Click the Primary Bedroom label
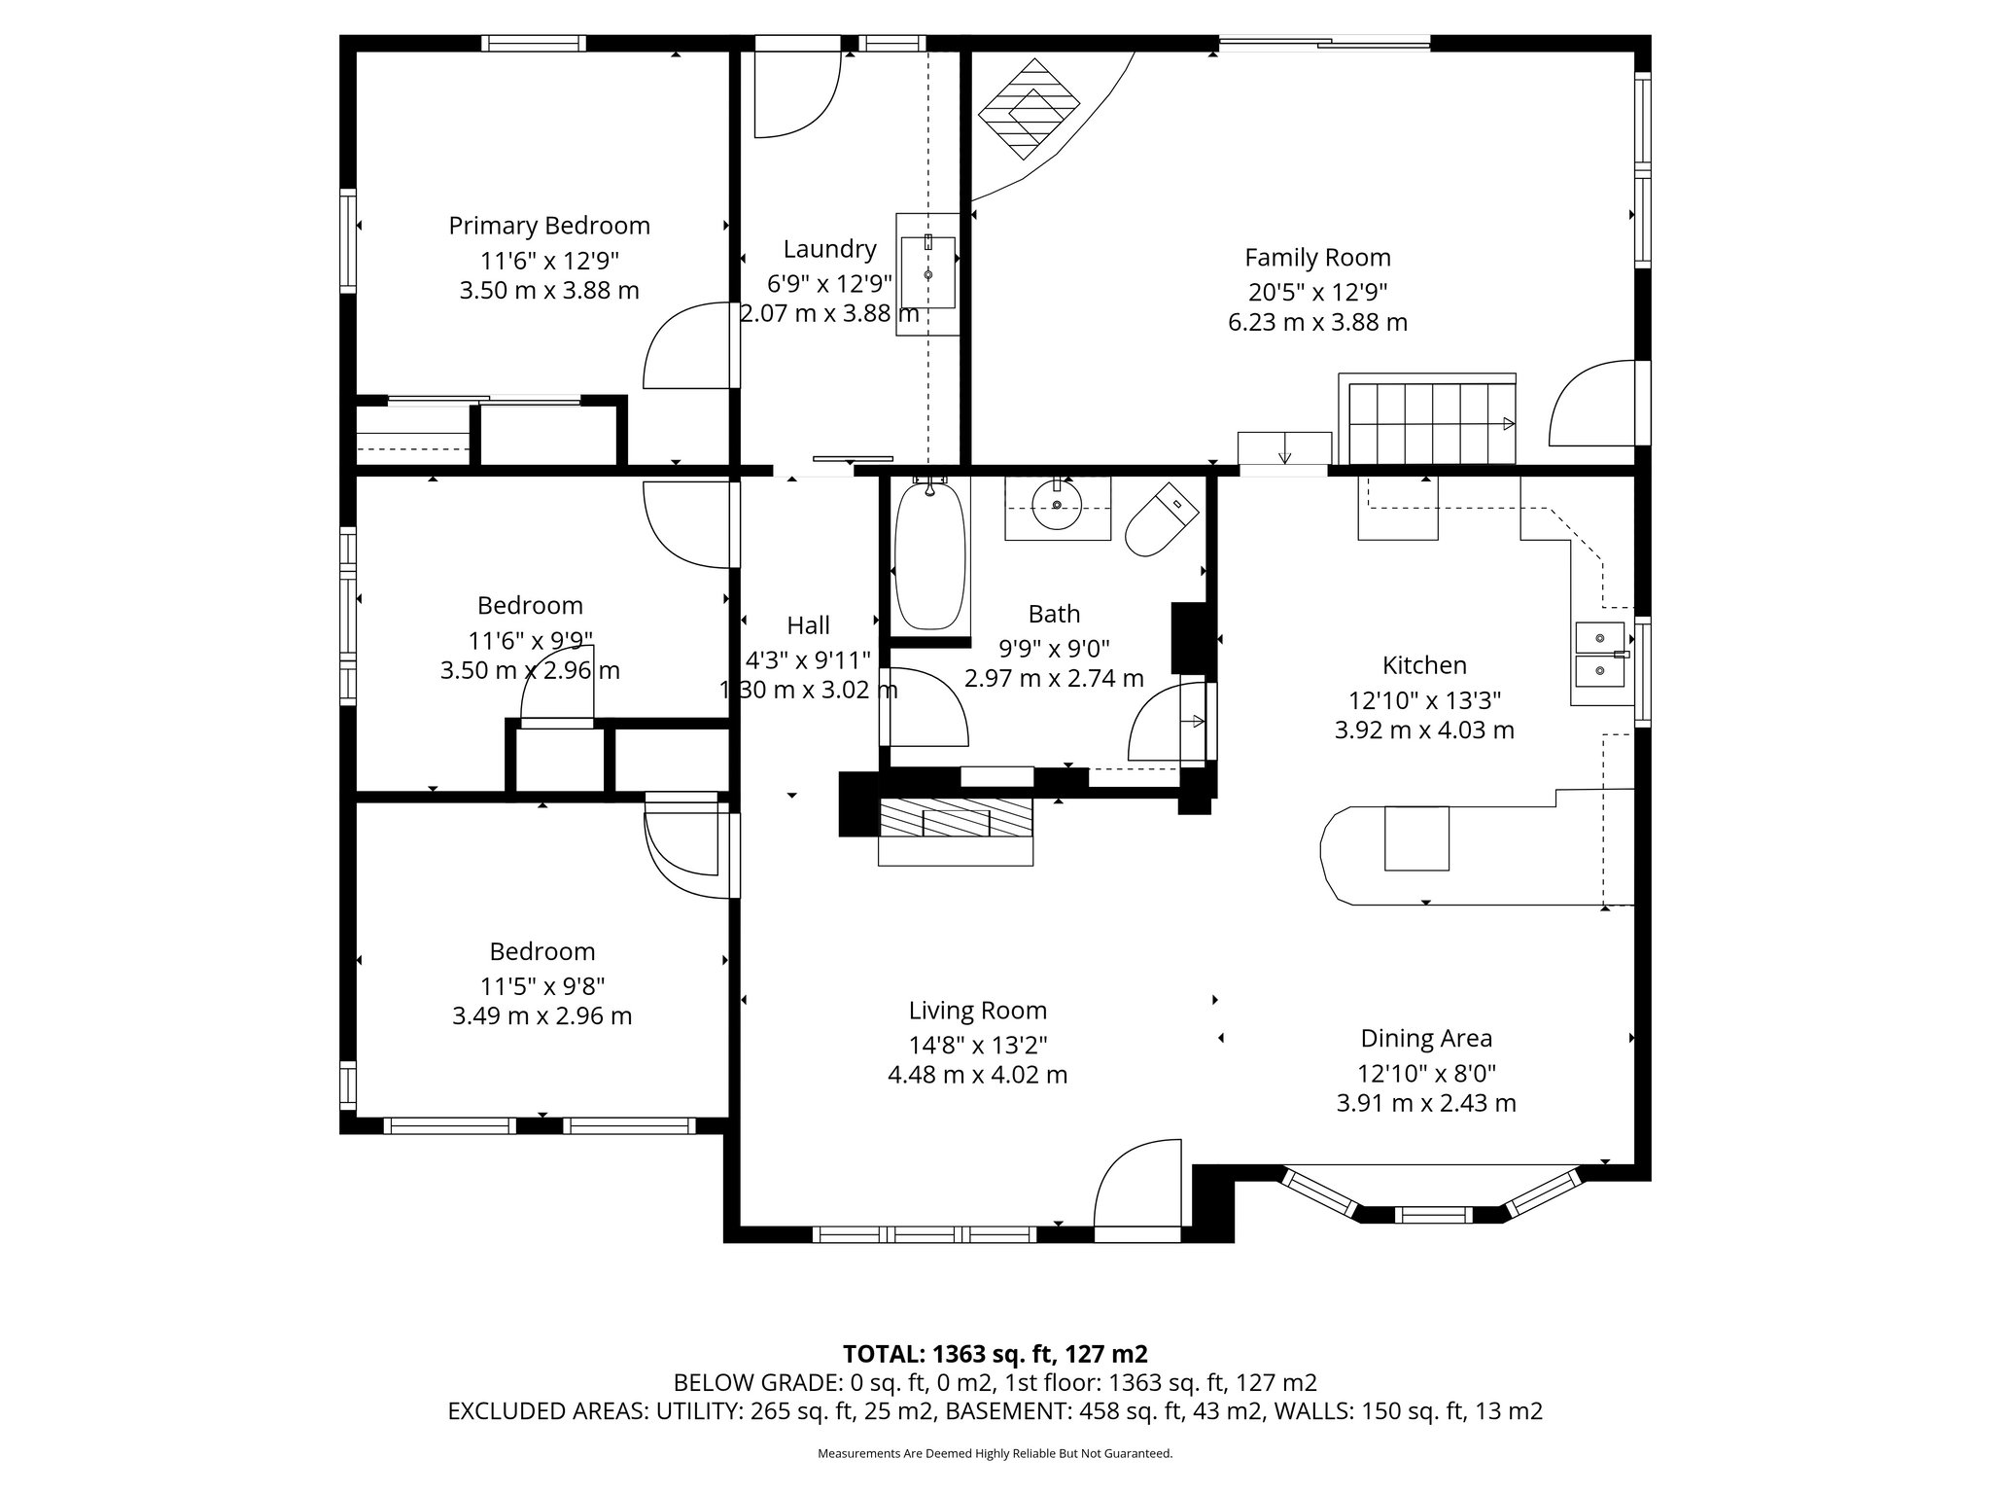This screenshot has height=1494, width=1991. tap(549, 226)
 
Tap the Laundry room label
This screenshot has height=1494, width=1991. tap(829, 249)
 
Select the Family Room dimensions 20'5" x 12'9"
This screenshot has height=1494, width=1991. tap(1317, 291)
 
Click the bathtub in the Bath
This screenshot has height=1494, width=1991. tap(930, 555)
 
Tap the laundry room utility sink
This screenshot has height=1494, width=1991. tap(927, 273)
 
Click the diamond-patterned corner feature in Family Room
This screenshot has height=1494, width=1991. tap(1029, 109)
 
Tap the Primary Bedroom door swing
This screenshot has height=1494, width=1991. tap(685, 347)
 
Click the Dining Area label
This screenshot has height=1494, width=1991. tap(1426, 1038)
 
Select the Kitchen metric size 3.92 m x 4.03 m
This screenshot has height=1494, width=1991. tap(1424, 730)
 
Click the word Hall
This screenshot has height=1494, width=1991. tap(808, 625)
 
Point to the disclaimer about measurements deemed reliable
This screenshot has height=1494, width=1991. tap(995, 1454)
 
